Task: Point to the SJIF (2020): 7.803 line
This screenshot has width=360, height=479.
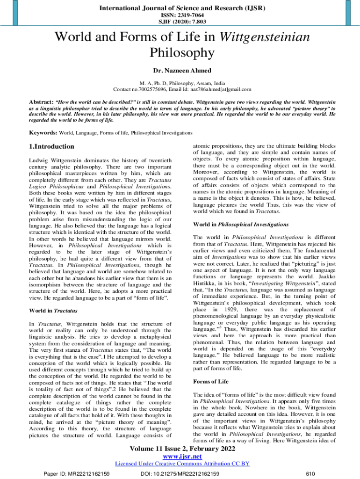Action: (x=180, y=22)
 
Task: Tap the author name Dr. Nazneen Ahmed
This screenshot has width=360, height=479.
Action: (x=180, y=71)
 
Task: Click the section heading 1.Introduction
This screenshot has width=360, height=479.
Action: (x=51, y=146)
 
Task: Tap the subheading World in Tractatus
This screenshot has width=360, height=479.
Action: (x=53, y=311)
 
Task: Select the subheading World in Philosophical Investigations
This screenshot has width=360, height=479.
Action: (x=240, y=224)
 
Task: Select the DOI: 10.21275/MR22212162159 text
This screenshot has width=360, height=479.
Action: (x=180, y=474)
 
